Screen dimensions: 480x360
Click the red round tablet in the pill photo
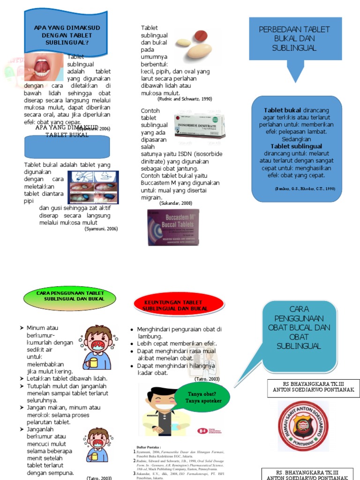tap(201, 35)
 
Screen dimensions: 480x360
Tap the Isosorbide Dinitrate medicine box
tap(199, 126)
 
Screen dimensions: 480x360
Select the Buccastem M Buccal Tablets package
tap(173, 227)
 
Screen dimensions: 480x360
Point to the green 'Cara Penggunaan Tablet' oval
tap(70, 296)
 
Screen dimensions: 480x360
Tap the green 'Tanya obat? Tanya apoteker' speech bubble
tap(202, 397)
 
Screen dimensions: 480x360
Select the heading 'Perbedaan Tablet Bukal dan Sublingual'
tap(294, 38)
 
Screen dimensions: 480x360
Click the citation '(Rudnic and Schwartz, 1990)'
tap(185, 99)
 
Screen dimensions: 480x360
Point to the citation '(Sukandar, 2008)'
tap(176, 203)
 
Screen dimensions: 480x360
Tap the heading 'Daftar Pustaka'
tap(149, 447)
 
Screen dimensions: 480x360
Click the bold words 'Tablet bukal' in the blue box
tap(280, 110)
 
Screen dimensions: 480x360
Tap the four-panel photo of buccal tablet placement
tap(93, 187)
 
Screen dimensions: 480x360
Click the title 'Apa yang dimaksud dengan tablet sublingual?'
tap(67, 35)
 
